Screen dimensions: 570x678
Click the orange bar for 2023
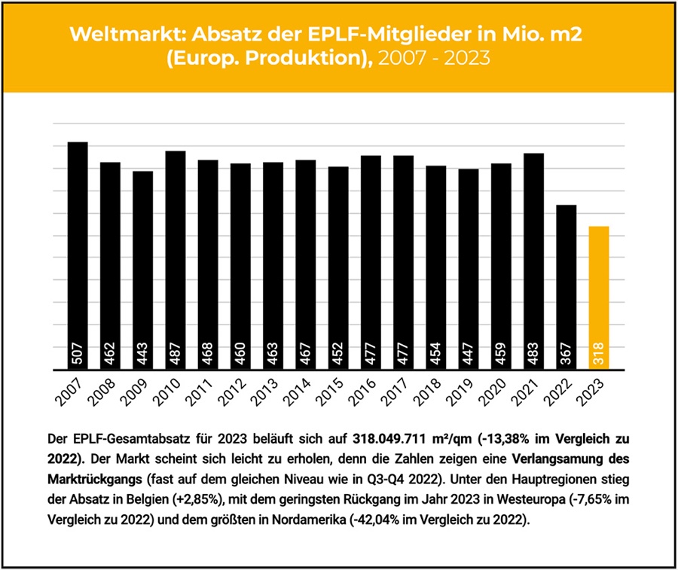[x=598, y=297]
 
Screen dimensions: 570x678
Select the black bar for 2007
[x=77, y=256]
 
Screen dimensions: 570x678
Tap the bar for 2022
[x=565, y=287]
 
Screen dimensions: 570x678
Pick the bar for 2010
[x=175, y=261]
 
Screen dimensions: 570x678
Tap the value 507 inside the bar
[x=77, y=355]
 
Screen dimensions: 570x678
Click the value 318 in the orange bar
[x=598, y=355]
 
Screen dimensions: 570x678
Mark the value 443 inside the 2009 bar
[x=142, y=355]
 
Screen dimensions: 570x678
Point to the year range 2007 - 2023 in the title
[x=435, y=58]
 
